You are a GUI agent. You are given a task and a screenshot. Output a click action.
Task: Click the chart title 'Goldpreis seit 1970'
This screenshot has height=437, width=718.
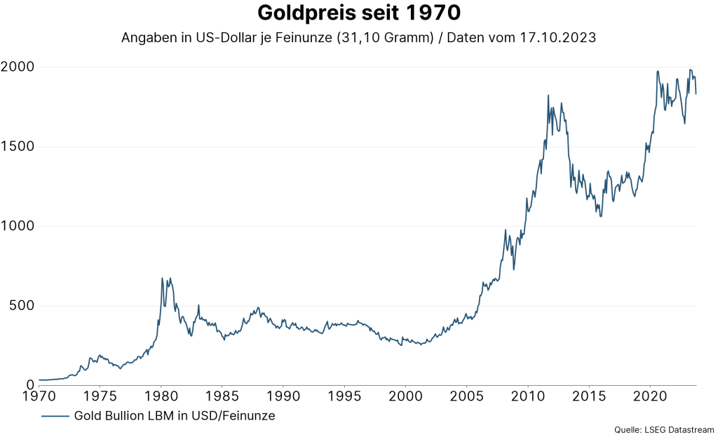click(358, 13)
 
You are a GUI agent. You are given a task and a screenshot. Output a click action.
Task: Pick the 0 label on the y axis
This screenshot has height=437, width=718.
click(30, 385)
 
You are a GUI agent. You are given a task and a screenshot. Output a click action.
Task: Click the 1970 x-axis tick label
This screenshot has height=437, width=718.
click(39, 396)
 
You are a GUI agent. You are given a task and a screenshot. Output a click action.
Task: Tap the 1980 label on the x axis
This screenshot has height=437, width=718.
click(161, 396)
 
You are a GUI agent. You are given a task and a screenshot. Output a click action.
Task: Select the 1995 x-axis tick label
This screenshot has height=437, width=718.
click(345, 396)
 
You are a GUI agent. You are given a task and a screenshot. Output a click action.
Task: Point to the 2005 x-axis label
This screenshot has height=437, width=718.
click(467, 396)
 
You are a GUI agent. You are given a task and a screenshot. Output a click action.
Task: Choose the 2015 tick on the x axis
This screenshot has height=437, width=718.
click(590, 396)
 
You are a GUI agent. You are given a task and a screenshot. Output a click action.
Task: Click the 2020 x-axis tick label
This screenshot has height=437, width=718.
click(651, 396)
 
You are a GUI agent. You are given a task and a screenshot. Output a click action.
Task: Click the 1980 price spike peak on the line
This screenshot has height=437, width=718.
click(162, 278)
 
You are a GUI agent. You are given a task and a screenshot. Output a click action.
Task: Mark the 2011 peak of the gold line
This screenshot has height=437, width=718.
click(548, 95)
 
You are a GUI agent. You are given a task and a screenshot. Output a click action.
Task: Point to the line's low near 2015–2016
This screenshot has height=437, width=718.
click(600, 215)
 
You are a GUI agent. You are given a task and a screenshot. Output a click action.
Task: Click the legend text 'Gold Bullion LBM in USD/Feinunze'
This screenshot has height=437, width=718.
click(174, 416)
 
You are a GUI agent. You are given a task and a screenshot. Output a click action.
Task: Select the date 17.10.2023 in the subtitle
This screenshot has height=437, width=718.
click(558, 38)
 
